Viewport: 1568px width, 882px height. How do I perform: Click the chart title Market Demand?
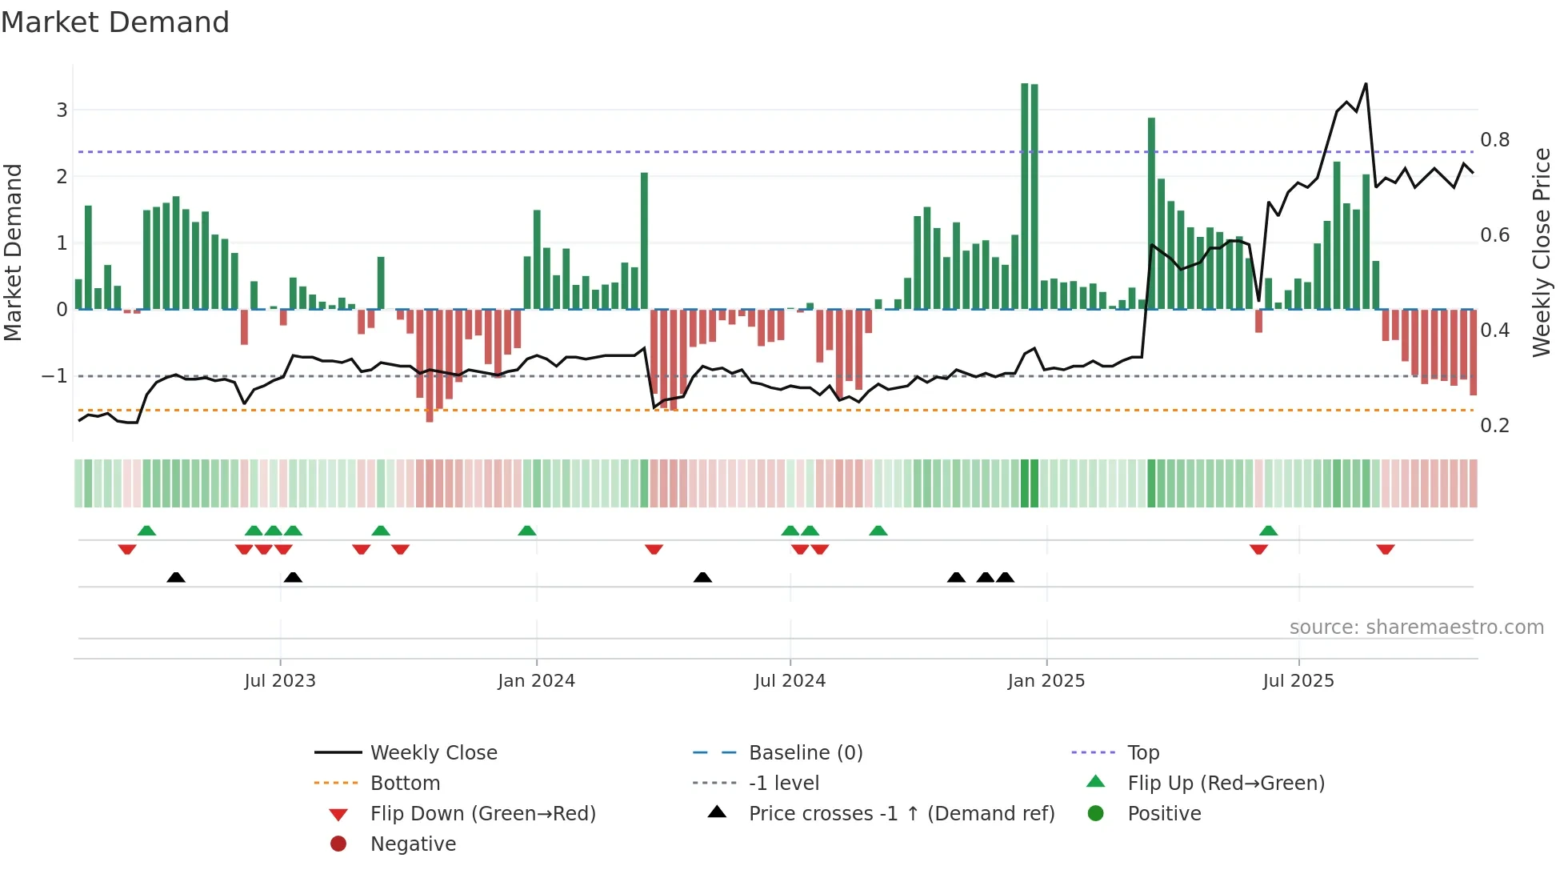pyautogui.click(x=115, y=22)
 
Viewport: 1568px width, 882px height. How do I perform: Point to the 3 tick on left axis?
pyautogui.click(x=62, y=110)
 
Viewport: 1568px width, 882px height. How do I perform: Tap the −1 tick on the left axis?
pyautogui.click(x=55, y=376)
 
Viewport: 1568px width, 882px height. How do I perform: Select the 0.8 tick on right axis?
pyautogui.click(x=1494, y=140)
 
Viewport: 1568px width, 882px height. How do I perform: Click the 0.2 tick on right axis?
pyautogui.click(x=1494, y=426)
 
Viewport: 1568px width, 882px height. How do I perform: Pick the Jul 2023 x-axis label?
pyautogui.click(x=280, y=681)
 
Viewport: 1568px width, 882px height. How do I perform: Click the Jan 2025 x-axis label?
pyautogui.click(x=1046, y=681)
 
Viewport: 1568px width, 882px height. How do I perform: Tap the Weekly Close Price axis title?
pyautogui.click(x=1541, y=252)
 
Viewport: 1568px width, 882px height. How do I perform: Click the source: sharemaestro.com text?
pyautogui.click(x=1416, y=627)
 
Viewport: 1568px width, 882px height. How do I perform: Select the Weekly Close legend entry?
pyautogui.click(x=433, y=753)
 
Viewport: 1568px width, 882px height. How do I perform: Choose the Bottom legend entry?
pyautogui.click(x=405, y=784)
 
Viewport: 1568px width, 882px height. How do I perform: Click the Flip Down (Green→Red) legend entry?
pyautogui.click(x=482, y=814)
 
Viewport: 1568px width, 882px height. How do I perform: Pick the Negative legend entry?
pyautogui.click(x=413, y=844)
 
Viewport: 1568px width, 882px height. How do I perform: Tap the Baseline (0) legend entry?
pyautogui.click(x=805, y=753)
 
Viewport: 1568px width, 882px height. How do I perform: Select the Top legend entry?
pyautogui.click(x=1142, y=753)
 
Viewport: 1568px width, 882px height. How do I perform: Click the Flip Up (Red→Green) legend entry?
pyautogui.click(x=1226, y=784)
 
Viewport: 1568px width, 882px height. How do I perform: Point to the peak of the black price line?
pyautogui.click(x=1366, y=84)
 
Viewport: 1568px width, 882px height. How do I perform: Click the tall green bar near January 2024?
pyautogui.click(x=644, y=240)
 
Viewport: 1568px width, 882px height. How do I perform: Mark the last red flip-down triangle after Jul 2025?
pyautogui.click(x=1386, y=549)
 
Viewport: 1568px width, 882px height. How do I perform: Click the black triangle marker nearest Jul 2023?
pyautogui.click(x=293, y=577)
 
